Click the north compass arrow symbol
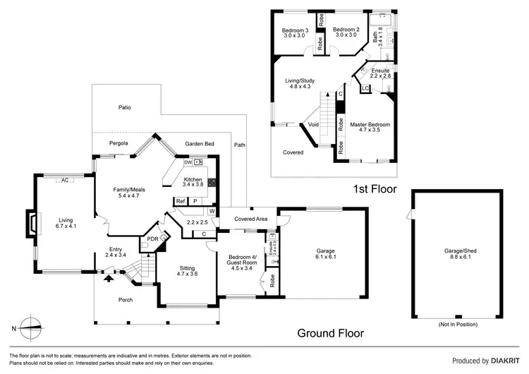32,325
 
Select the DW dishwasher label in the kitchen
188,162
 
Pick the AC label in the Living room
64,181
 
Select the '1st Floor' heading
375,189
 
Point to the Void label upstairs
314,124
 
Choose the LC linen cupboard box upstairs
365,88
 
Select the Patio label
124,107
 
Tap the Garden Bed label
200,143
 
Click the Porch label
125,300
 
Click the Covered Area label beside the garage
251,219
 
